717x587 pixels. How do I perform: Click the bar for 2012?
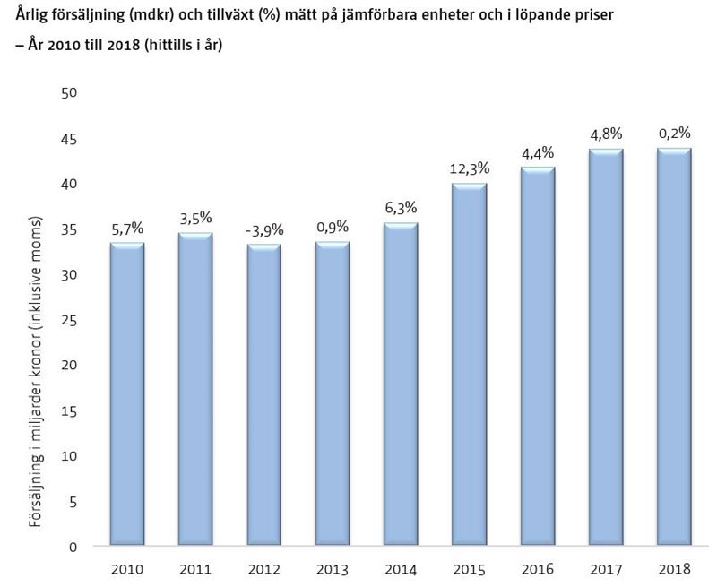click(263, 395)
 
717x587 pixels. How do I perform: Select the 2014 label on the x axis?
click(402, 569)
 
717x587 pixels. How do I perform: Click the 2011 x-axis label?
click(194, 569)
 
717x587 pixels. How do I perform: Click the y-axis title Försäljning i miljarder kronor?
click(37, 371)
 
